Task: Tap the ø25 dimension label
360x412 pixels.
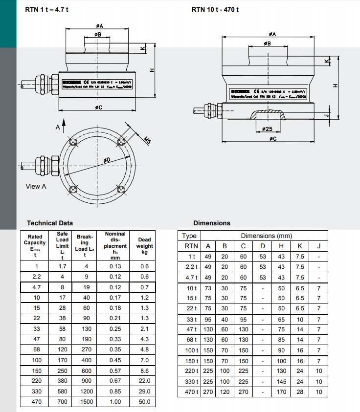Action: pos(267,129)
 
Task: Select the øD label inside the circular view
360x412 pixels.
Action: pos(107,160)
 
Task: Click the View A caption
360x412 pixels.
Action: pos(36,187)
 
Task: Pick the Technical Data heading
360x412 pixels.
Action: pos(50,223)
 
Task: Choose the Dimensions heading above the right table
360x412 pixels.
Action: pos(211,223)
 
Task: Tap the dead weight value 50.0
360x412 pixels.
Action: pos(144,402)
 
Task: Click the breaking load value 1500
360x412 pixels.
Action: pos(86,402)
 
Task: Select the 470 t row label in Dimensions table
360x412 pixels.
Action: pos(191,392)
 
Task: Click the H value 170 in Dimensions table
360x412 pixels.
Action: pos(281,392)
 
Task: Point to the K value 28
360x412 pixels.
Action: pos(300,392)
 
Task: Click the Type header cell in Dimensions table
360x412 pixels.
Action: pos(189,236)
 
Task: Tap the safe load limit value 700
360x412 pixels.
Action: pos(62,402)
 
